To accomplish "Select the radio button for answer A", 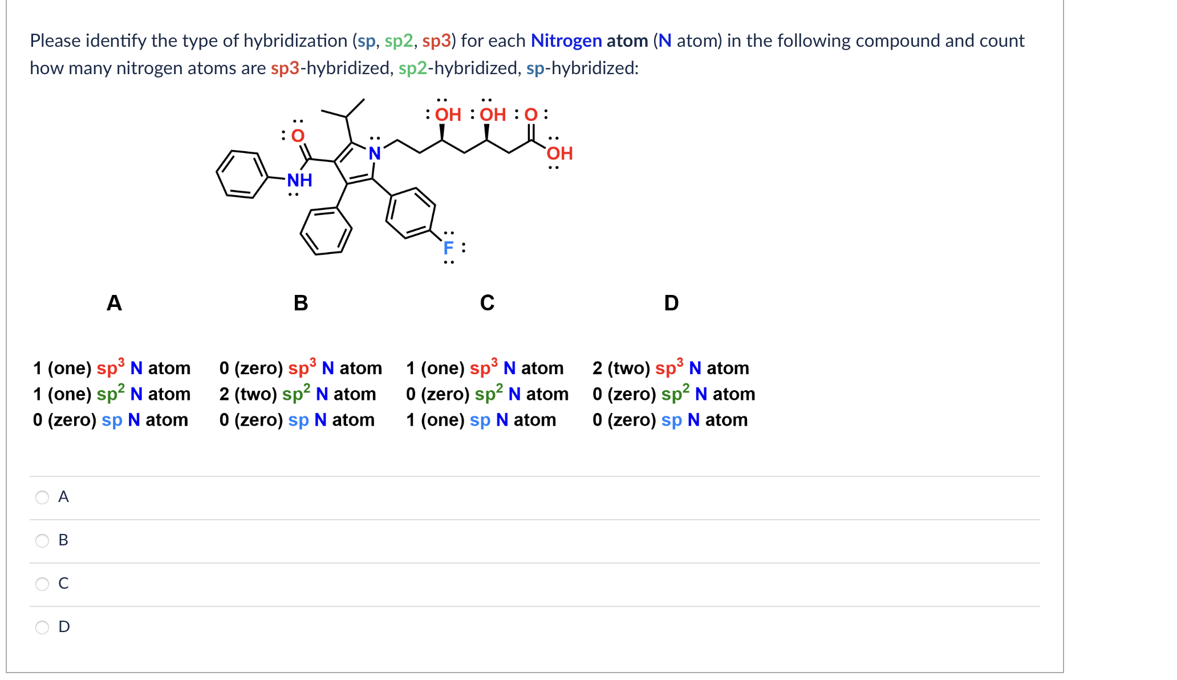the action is coord(42,497).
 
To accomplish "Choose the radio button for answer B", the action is coord(42,540).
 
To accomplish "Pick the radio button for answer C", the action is coord(42,584).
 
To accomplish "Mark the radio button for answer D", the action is coord(42,627).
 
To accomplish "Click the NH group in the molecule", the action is coord(299,180).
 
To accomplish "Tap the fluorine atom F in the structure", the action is coord(448,248).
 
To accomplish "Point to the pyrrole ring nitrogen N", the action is coord(375,153).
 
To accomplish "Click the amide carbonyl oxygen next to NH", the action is coord(298,136).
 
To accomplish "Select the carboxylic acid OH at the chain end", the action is coord(559,153).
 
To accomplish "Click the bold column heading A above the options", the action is coord(114,302).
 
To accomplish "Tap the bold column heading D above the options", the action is coord(671,302).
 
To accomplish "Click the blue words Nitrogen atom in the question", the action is coord(589,41).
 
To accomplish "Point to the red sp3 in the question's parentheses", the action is coord(436,41).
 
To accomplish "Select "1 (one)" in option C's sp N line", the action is coord(435,420).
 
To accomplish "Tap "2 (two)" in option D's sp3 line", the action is coord(621,368).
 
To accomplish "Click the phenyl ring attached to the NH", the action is coord(242,174).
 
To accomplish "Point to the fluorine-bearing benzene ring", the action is coord(411,212).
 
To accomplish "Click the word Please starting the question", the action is coord(55,41).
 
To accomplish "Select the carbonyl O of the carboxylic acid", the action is coord(531,115).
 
